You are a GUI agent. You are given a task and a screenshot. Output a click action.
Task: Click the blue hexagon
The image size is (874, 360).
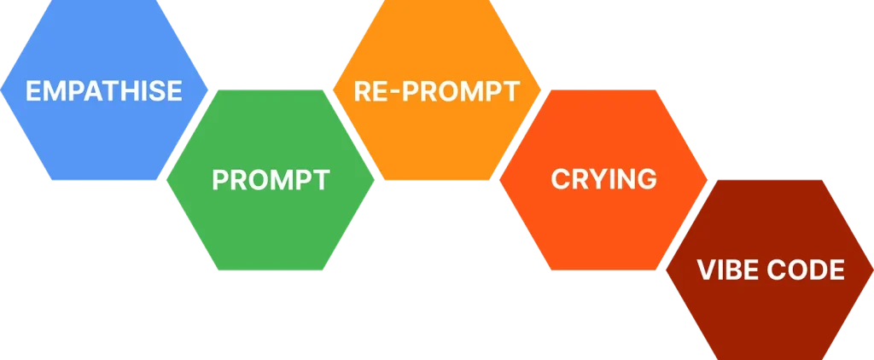(x=103, y=90)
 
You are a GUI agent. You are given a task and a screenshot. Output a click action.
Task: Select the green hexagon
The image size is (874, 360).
(x=271, y=180)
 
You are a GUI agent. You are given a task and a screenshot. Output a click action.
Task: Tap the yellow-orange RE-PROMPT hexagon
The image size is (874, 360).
(x=437, y=90)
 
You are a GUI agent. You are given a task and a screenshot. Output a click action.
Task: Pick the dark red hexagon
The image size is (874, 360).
(x=770, y=270)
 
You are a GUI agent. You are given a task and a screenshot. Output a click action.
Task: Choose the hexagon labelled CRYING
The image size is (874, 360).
(x=603, y=180)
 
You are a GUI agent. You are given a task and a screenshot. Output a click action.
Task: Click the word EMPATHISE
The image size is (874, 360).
(x=104, y=91)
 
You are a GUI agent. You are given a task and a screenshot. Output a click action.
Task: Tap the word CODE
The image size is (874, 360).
(x=806, y=270)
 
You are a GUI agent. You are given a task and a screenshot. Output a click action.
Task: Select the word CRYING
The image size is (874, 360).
(x=603, y=179)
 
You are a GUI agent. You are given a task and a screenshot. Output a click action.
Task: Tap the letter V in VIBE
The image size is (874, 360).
(x=706, y=270)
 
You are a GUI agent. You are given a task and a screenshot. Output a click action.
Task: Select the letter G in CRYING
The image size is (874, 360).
(x=647, y=179)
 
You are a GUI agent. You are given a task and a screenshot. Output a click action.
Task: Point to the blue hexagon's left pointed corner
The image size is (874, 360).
(x=1, y=90)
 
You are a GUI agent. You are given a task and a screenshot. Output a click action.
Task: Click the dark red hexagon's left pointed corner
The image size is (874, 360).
(x=666, y=270)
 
